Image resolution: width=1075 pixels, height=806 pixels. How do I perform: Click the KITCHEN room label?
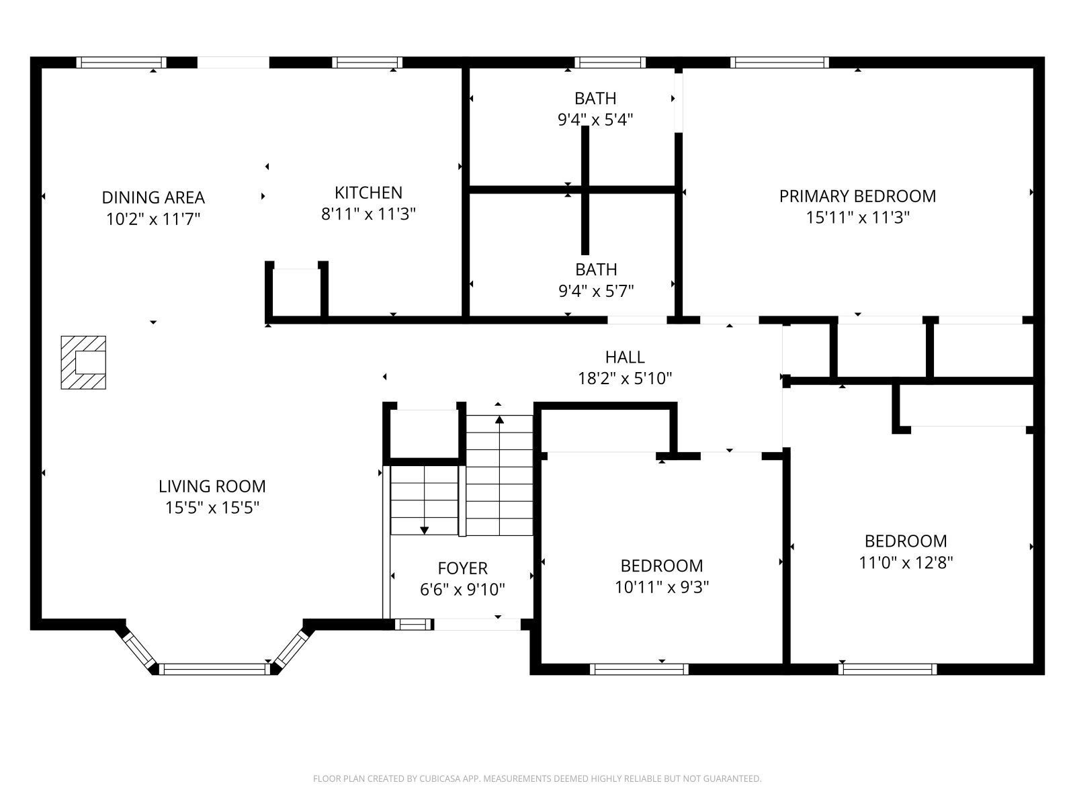coord(368,193)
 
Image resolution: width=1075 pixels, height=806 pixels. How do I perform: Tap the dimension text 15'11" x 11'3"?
coord(857,218)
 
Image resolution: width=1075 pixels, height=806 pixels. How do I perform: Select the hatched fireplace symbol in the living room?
coord(84,362)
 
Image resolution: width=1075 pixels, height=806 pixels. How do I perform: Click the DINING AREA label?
coord(153,197)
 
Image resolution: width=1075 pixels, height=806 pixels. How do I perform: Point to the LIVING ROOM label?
coord(212,486)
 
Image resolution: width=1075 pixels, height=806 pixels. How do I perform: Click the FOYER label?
coord(462,569)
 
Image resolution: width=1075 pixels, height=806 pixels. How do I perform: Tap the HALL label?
coord(625,357)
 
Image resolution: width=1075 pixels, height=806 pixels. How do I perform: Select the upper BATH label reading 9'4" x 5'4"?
coord(595,99)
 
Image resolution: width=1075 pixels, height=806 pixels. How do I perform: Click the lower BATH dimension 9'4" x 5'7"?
coord(596,291)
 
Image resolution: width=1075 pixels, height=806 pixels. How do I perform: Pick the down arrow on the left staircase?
coord(424,529)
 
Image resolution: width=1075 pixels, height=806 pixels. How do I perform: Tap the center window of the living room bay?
coord(214,668)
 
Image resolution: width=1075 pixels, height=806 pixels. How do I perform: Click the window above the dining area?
coord(121,62)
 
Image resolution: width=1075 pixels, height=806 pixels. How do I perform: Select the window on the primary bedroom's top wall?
coord(779,62)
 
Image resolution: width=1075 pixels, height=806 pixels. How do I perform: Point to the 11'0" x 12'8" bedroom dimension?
coord(906,562)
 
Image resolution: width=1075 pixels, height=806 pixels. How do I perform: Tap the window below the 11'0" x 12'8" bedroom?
coord(887,668)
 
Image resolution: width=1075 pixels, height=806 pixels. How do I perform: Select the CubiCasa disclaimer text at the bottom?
coord(537,779)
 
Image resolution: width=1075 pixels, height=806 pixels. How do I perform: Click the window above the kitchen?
coord(368,62)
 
